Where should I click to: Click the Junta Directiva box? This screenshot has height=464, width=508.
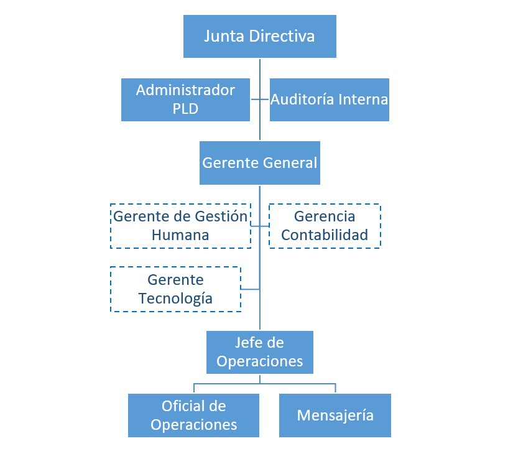pos(259,36)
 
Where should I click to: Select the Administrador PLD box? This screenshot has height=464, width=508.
pos(185,100)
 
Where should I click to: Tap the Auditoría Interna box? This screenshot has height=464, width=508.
pos(329,100)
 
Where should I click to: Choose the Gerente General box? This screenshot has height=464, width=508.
pos(259,163)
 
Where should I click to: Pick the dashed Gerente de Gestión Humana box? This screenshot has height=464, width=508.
pos(180,226)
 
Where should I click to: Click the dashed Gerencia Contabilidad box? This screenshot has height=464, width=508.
pos(324,226)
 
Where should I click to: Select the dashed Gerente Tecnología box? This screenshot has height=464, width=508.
pos(175,289)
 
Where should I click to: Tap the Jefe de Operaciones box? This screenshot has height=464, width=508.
pos(259,352)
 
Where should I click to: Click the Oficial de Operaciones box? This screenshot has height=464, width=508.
pos(193,415)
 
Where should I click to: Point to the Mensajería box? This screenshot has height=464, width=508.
pos(335,415)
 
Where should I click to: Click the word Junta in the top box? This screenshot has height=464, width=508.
pos(224,36)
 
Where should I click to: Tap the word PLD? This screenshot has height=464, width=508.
pos(185,109)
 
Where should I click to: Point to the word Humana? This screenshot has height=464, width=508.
pos(180,236)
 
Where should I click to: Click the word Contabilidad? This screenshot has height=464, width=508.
pos(324,236)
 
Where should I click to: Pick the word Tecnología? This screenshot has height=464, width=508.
pos(175,299)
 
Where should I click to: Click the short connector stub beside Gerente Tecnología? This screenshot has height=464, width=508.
pos(250,289)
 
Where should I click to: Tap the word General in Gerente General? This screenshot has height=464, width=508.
pos(290,163)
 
